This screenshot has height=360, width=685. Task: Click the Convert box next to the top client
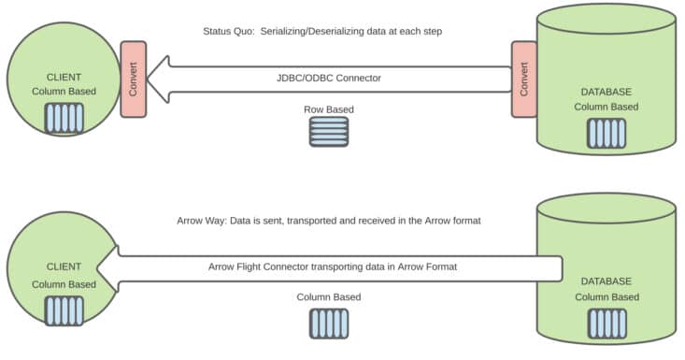coord(134,79)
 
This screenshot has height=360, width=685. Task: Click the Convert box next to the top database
coord(524,79)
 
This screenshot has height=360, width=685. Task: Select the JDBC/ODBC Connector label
coord(328,79)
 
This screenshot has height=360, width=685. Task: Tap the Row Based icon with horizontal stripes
coord(329,132)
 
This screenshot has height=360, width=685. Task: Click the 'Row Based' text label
coord(329,109)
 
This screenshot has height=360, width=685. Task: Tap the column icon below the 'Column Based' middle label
coord(329,323)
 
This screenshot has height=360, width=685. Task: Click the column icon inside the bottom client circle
coord(64,309)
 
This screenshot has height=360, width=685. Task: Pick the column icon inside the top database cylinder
coord(606,133)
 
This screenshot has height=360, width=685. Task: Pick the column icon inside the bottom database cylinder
coord(606,322)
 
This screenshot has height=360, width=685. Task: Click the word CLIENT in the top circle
coord(64,78)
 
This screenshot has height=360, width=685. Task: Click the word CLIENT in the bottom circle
coord(64,267)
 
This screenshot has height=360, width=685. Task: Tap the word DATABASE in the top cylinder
coord(606,92)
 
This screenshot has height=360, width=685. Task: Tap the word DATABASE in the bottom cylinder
coord(606,281)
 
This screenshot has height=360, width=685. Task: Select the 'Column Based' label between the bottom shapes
coord(329,297)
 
